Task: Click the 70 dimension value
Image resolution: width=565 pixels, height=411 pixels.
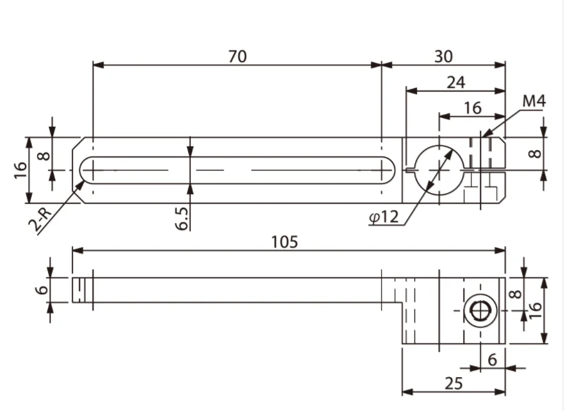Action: click(237, 56)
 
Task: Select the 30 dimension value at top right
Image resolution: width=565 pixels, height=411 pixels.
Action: click(443, 56)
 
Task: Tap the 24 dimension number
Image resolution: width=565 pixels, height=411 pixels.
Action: click(456, 82)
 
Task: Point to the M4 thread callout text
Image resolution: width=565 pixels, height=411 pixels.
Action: click(533, 101)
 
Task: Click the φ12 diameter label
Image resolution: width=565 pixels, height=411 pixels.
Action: click(384, 217)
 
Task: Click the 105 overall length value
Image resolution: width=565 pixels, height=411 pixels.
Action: click(284, 242)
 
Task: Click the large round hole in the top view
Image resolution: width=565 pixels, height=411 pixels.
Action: click(439, 170)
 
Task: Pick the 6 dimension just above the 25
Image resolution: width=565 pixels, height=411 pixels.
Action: click(492, 360)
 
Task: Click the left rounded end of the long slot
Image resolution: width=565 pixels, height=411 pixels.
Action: click(86, 170)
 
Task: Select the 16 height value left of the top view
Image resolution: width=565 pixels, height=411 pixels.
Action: click(20, 170)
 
